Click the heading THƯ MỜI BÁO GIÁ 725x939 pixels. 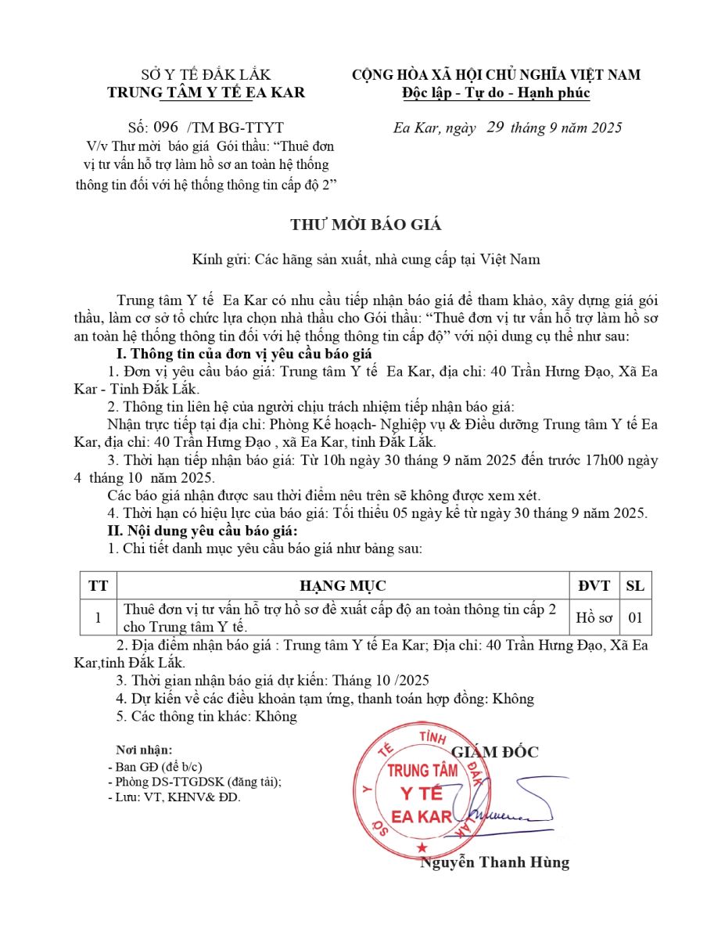click(366, 225)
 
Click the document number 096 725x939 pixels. click(167, 128)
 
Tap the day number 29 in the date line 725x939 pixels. click(495, 128)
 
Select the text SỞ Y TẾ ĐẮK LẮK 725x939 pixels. click(206, 75)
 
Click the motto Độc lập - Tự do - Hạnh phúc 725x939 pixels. click(496, 93)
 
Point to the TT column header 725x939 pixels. click(99, 586)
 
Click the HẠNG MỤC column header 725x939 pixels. click(343, 586)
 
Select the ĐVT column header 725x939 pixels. click(594, 586)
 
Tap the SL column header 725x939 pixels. click(634, 586)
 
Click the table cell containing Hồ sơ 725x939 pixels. click(594, 617)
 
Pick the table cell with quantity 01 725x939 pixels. click(634, 617)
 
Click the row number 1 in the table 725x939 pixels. click(99, 617)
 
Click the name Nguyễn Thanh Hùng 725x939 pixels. click(495, 863)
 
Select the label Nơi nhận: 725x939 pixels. click(145, 750)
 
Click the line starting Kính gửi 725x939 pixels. click(366, 259)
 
